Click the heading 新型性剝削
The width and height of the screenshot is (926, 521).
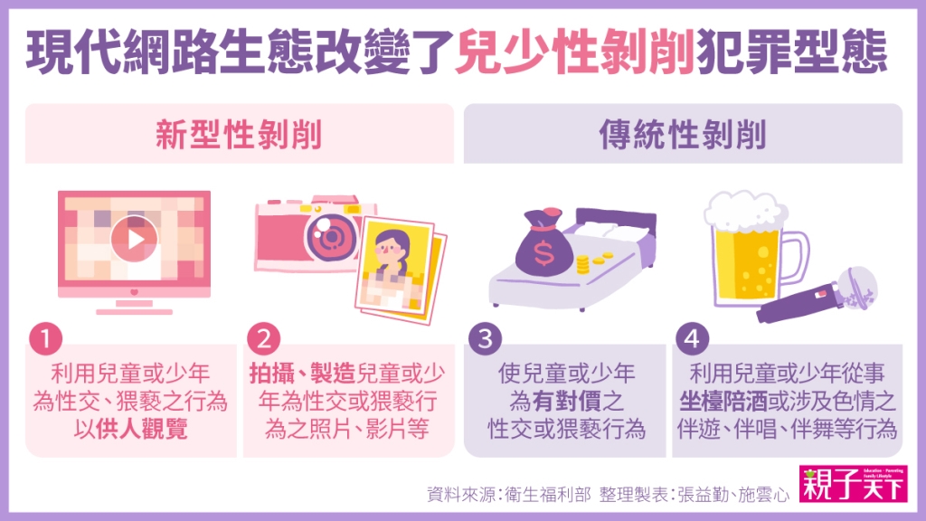pos(239,135)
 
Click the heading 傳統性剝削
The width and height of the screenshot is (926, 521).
pos(683,135)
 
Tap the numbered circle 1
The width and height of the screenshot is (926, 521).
pos(45,339)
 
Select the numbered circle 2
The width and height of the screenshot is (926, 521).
pos(263,339)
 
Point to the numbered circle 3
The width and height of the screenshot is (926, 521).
pos(485,339)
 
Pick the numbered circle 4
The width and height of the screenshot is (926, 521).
pos(692,339)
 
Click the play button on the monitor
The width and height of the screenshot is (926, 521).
pos(134,239)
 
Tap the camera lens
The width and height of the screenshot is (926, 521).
pos(331,237)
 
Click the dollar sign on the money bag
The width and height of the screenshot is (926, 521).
pos(543,254)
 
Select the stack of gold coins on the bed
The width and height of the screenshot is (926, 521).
pos(582,265)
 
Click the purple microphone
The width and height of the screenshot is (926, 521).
pos(817,294)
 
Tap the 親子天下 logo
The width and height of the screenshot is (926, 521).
pos(853,484)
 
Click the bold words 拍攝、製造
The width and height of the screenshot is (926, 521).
pos(302,374)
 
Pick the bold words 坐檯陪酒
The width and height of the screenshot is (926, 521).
pos(723,401)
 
